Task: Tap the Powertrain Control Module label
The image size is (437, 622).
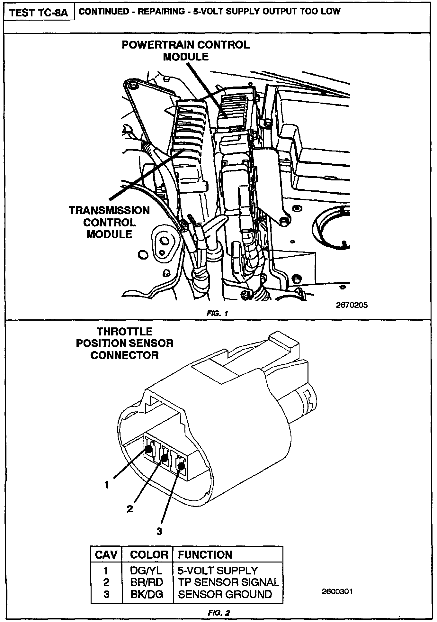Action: (x=185, y=51)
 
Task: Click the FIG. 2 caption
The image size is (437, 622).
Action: (x=219, y=613)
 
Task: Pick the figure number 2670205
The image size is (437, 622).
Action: (x=352, y=305)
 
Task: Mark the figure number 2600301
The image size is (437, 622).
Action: (x=337, y=591)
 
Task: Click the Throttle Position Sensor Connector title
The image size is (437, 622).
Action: (x=125, y=343)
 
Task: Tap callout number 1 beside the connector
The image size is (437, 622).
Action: (x=107, y=485)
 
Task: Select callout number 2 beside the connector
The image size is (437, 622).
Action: (x=130, y=509)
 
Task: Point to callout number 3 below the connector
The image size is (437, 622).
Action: (x=159, y=531)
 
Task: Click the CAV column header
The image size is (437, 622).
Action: (x=106, y=554)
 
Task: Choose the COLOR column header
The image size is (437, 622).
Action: (x=149, y=554)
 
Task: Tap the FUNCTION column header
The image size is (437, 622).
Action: (x=205, y=554)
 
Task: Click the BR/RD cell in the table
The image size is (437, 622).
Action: (x=147, y=582)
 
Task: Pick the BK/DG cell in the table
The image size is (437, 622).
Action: (x=147, y=594)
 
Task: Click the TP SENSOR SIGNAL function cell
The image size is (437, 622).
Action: (x=228, y=582)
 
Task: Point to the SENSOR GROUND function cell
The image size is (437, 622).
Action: (x=225, y=594)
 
